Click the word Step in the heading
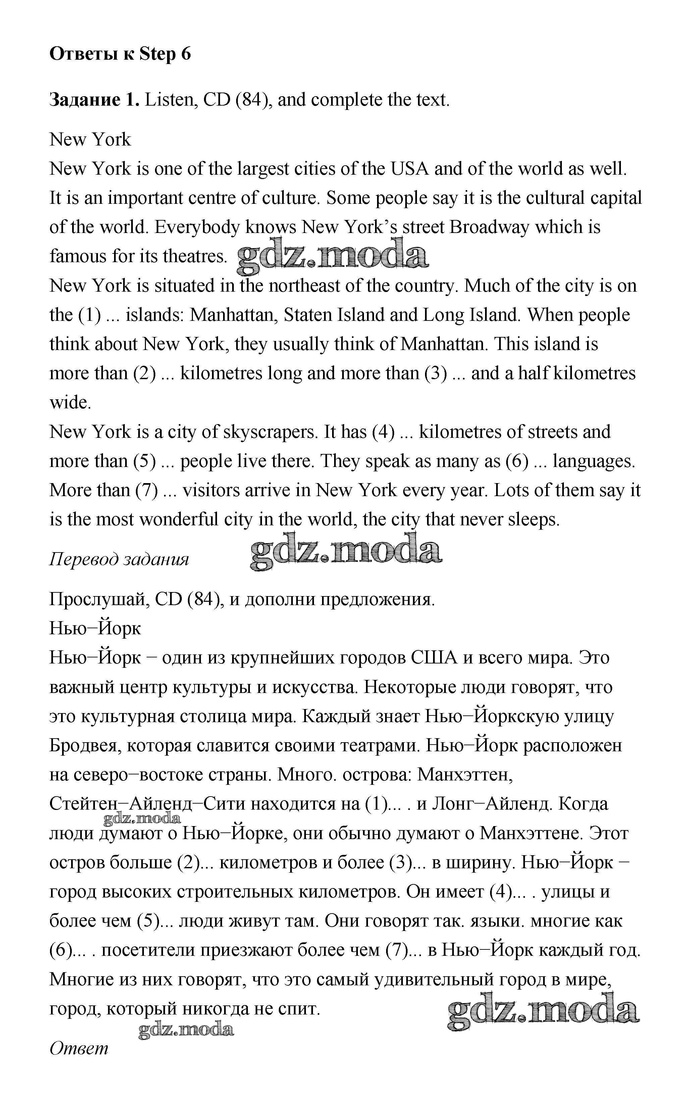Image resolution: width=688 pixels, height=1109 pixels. click(x=157, y=54)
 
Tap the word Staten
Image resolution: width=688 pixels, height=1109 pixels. click(x=308, y=315)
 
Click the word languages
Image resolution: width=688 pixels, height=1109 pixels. click(x=594, y=461)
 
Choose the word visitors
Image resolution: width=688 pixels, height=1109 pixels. click(x=211, y=490)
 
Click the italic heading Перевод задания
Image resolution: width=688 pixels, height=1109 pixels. click(x=119, y=559)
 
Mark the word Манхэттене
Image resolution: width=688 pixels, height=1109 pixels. click(x=531, y=833)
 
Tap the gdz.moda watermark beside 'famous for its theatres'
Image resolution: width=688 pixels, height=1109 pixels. click(x=333, y=257)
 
